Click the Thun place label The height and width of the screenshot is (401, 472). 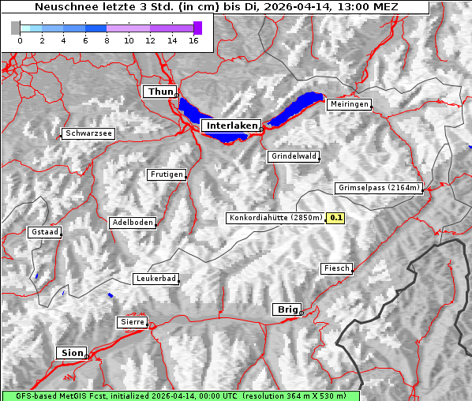(x=160, y=92)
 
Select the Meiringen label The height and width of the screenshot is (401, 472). (x=348, y=104)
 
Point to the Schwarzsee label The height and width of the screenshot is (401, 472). (x=88, y=133)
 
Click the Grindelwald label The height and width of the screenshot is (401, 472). (x=294, y=156)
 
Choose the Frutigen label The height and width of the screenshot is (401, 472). (x=166, y=174)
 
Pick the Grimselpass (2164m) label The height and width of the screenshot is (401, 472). (x=379, y=188)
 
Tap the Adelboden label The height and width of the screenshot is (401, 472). (x=132, y=223)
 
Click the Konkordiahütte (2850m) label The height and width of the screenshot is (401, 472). (x=275, y=217)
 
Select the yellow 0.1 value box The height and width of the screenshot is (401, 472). (x=336, y=217)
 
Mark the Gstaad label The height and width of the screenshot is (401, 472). (x=45, y=232)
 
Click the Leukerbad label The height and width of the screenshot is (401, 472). (x=155, y=279)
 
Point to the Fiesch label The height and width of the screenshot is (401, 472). (x=336, y=268)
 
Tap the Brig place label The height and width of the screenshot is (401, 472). (x=287, y=309)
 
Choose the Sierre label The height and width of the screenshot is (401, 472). (x=132, y=322)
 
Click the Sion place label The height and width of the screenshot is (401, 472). (x=70, y=353)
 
